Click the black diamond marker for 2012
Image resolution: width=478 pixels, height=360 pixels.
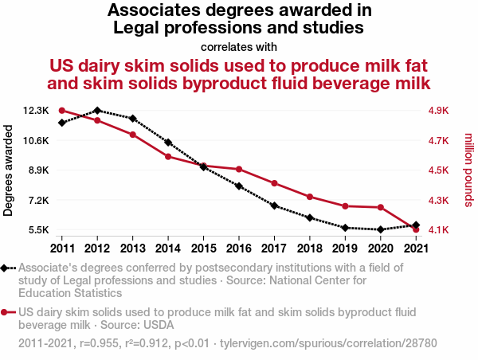click(x=97, y=111)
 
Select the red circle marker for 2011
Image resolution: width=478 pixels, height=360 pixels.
click(x=62, y=111)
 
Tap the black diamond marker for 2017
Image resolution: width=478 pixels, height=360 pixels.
click(x=274, y=205)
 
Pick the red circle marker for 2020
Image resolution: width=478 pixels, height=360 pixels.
click(x=381, y=207)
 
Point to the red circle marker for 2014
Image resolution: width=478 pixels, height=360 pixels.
click(x=168, y=157)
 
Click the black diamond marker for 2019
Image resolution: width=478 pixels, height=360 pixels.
click(x=345, y=228)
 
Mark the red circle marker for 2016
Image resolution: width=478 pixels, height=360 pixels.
click(x=239, y=169)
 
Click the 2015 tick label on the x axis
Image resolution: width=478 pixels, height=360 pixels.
click(x=203, y=248)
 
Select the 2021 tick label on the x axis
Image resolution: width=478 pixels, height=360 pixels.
click(x=416, y=248)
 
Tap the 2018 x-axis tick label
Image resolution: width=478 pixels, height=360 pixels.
click(x=310, y=248)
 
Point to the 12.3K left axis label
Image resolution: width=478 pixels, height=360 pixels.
click(x=36, y=111)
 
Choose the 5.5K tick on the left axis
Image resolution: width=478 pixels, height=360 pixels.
click(x=38, y=230)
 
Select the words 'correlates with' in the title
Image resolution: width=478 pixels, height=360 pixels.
click(x=239, y=45)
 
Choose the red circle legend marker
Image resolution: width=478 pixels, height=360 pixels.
click(x=6, y=313)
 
